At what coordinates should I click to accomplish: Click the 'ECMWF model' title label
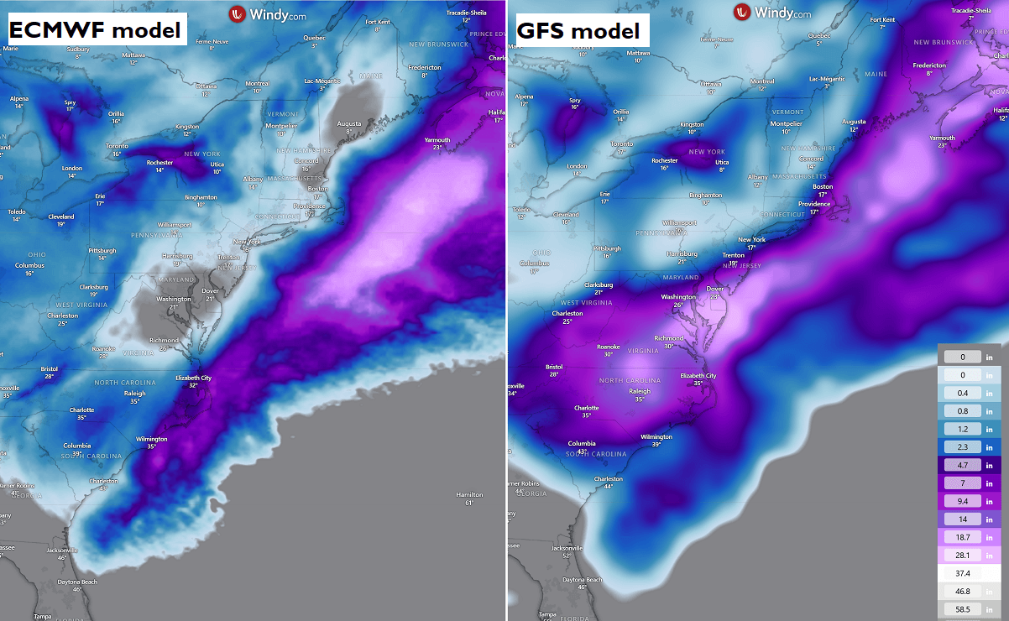pos(95,30)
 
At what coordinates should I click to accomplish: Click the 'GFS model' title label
pos(577,31)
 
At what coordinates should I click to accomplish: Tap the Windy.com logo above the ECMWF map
pos(269,13)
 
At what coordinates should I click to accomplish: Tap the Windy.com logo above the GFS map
pos(772,12)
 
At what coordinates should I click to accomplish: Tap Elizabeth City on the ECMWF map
pos(193,378)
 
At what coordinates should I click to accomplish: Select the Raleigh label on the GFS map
pos(640,391)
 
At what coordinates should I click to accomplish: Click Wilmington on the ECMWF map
pos(152,438)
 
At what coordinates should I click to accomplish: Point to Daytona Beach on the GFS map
pos(582,580)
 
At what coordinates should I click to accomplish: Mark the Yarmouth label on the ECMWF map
pos(437,139)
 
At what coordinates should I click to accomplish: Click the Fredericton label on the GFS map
pos(929,65)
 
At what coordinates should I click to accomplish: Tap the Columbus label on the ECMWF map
pos(29,265)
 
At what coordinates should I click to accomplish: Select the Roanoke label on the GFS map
pos(609,346)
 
